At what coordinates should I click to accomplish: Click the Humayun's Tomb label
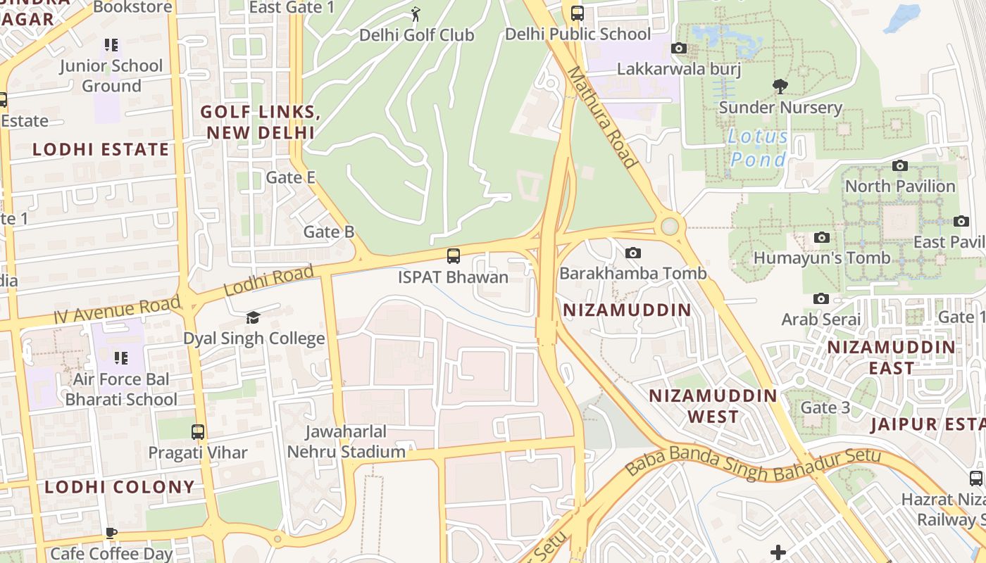pos(822,258)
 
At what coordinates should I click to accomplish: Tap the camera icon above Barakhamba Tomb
pos(633,253)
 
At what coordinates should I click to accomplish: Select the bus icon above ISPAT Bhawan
pos(454,256)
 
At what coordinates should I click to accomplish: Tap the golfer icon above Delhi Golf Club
pos(416,13)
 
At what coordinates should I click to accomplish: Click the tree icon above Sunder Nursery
pos(780,87)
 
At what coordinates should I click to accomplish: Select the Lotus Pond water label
pos(758,148)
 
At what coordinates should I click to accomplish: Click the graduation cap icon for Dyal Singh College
pos(253,318)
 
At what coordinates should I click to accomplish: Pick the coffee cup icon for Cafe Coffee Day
pos(111,533)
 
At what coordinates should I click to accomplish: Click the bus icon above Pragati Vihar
pos(198,431)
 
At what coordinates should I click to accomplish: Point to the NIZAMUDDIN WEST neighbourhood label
pos(713,406)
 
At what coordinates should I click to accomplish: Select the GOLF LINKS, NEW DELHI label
pos(257,122)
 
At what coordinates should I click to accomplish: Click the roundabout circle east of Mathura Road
pos(670,227)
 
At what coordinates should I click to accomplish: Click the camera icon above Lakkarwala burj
pos(679,49)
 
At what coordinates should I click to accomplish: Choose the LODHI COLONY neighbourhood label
pos(120,487)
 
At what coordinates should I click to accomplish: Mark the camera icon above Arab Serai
pos(820,298)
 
